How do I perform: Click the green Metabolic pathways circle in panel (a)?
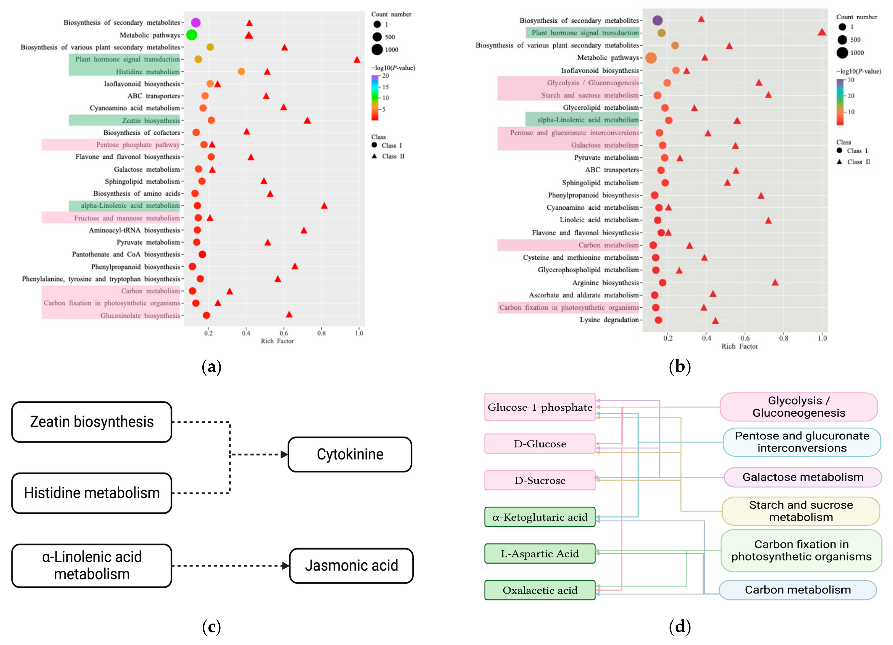click(x=191, y=35)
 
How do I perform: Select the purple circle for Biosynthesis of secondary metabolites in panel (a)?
click(x=196, y=22)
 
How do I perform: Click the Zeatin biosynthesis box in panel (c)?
click(x=92, y=422)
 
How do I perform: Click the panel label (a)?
click(x=211, y=367)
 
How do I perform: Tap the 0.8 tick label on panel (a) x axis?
click(x=321, y=333)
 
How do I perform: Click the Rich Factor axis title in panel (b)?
click(x=740, y=346)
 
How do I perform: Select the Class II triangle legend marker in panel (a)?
click(x=375, y=156)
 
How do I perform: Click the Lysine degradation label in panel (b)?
click(x=609, y=320)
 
